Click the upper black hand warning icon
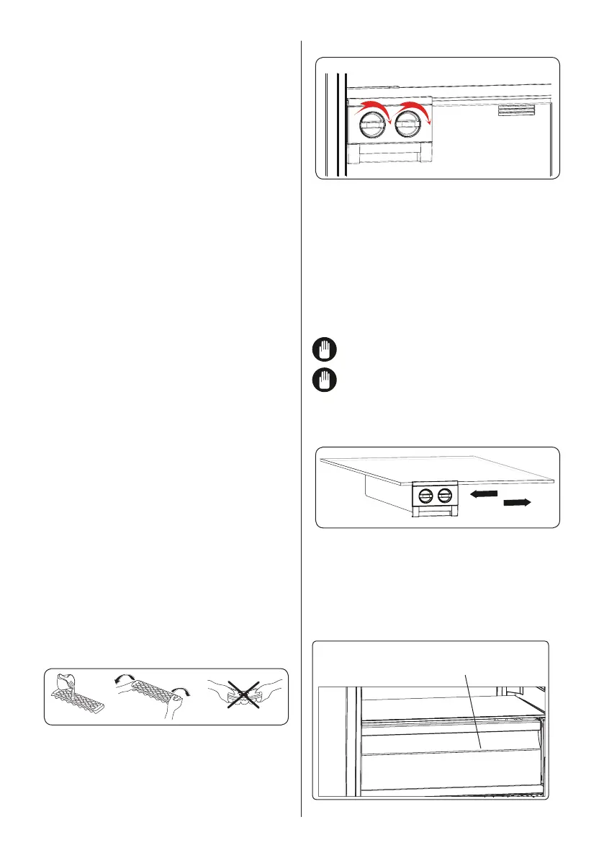click(325, 351)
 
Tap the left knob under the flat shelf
click(425, 494)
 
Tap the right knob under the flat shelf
click(444, 494)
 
